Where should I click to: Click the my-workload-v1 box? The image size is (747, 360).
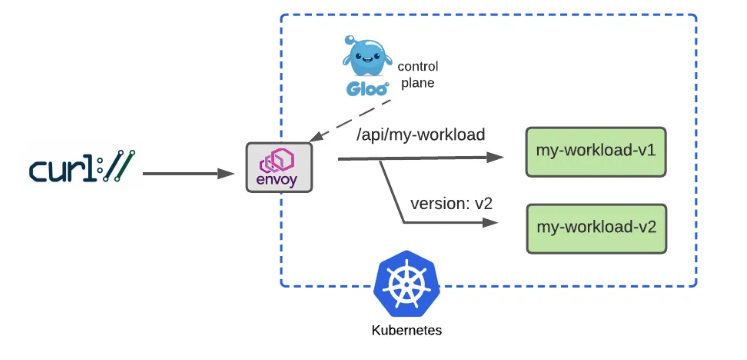tap(596, 152)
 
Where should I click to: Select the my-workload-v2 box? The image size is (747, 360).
tap(596, 229)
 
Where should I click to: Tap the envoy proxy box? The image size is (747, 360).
tap(279, 167)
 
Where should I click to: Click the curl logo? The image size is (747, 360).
tap(81, 167)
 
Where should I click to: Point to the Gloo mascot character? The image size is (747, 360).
tap(365, 56)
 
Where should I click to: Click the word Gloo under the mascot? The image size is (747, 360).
tap(366, 88)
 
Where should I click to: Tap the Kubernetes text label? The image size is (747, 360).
tap(406, 330)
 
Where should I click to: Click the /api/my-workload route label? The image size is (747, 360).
tap(420, 135)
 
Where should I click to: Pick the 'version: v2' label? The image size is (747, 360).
tap(451, 203)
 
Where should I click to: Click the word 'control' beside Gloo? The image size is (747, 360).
tap(418, 66)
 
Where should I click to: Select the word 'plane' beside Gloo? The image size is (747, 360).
tap(418, 83)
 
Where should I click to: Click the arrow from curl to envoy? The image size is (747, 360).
tap(188, 173)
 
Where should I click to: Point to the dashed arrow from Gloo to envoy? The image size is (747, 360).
tap(350, 120)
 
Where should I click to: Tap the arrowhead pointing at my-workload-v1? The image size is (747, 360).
tap(495, 158)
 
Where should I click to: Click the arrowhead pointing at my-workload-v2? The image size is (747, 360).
tap(490, 222)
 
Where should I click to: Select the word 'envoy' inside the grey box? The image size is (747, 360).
tap(277, 180)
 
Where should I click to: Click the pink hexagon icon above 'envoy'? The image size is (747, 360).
tap(276, 160)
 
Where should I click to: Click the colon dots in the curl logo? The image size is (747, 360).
tap(100, 167)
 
